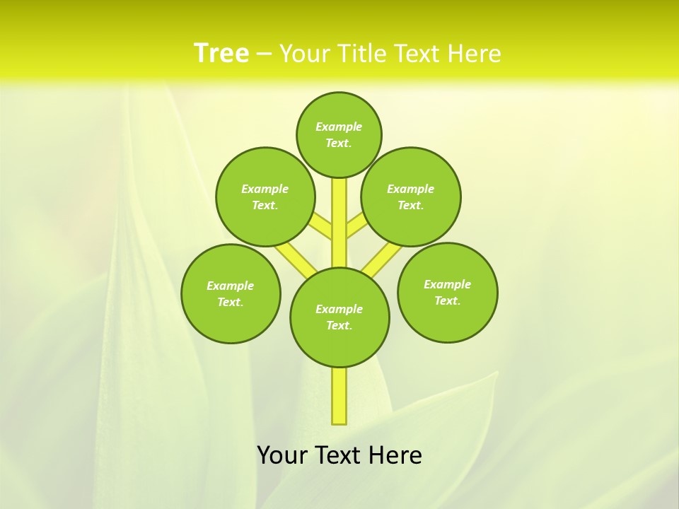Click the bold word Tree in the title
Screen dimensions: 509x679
pyautogui.click(x=221, y=54)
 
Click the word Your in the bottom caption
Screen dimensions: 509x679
pyautogui.click(x=283, y=455)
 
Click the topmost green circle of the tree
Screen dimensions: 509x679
pyautogui.click(x=339, y=134)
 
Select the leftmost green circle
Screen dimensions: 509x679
pyautogui.click(x=231, y=293)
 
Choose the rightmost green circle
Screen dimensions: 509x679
pyautogui.click(x=447, y=292)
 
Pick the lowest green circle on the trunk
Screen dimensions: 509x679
pyautogui.click(x=339, y=317)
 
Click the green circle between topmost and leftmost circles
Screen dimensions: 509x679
pyautogui.click(x=265, y=197)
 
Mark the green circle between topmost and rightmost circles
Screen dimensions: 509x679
pyautogui.click(x=410, y=197)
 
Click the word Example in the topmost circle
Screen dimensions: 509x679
pyautogui.click(x=339, y=127)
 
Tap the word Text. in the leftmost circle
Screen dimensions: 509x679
pyautogui.click(x=231, y=303)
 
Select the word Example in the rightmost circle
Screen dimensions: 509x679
pyautogui.click(x=447, y=284)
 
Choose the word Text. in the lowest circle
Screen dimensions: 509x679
pyautogui.click(x=339, y=326)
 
